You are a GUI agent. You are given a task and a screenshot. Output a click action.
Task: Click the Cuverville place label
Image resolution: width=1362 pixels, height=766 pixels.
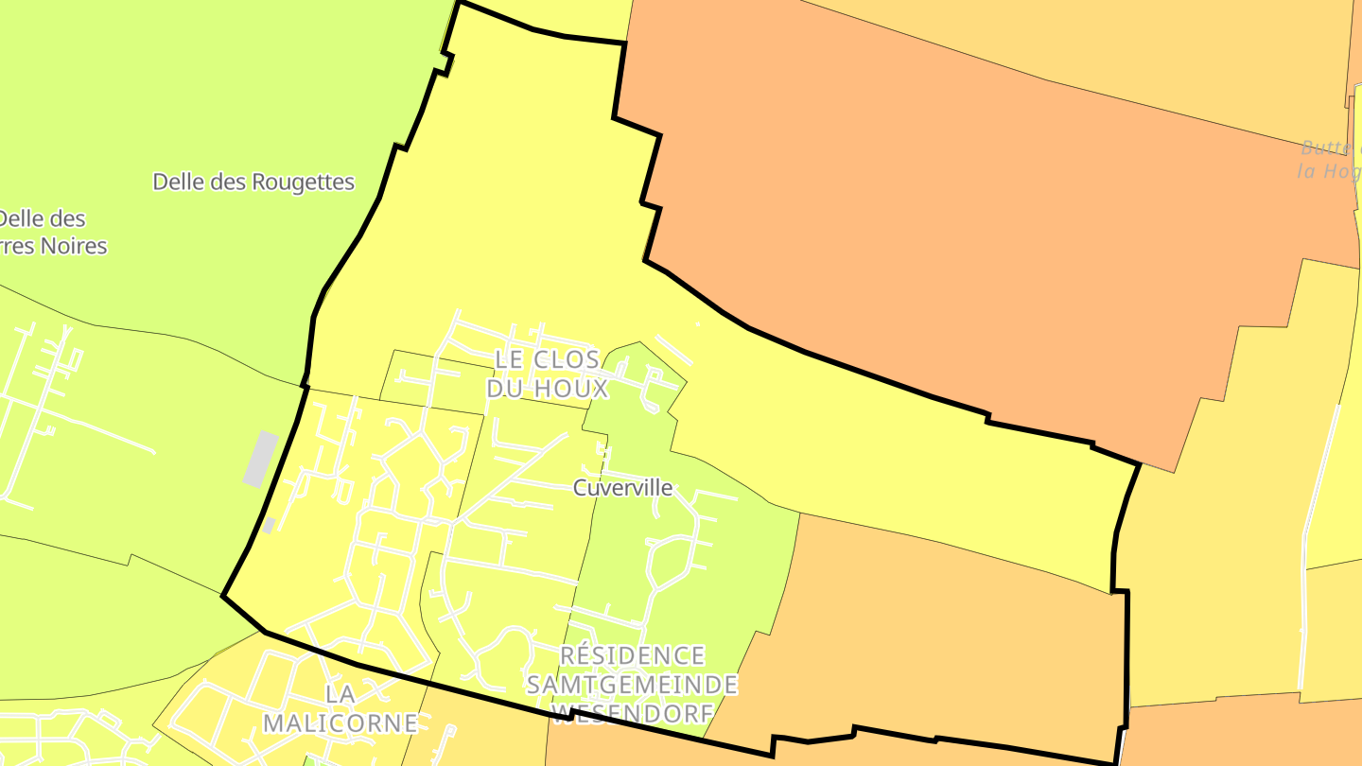[x=623, y=488]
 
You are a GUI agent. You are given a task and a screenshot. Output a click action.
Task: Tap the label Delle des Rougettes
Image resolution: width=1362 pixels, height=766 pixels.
[x=253, y=182]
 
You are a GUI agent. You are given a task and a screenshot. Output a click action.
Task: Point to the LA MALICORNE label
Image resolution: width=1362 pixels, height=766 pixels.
[x=340, y=708]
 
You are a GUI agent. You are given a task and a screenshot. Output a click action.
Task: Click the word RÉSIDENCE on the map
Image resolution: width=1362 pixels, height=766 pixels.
[x=633, y=656]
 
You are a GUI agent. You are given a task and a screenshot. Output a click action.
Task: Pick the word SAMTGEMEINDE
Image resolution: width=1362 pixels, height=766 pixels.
[x=633, y=684]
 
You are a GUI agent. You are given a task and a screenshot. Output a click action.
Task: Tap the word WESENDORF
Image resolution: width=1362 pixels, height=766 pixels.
[x=633, y=712]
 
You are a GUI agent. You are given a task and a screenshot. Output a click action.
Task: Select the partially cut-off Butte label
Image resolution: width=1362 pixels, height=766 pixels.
[x=1329, y=148]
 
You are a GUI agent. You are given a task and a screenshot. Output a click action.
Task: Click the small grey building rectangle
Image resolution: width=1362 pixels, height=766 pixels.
[x=261, y=459]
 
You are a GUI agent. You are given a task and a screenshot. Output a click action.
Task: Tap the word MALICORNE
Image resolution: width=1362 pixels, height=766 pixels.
[x=340, y=723]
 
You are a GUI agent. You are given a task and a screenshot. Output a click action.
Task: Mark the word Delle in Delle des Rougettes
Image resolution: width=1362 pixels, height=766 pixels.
[x=178, y=182]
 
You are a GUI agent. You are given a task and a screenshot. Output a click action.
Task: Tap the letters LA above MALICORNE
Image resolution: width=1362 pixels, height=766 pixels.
[x=340, y=694]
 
